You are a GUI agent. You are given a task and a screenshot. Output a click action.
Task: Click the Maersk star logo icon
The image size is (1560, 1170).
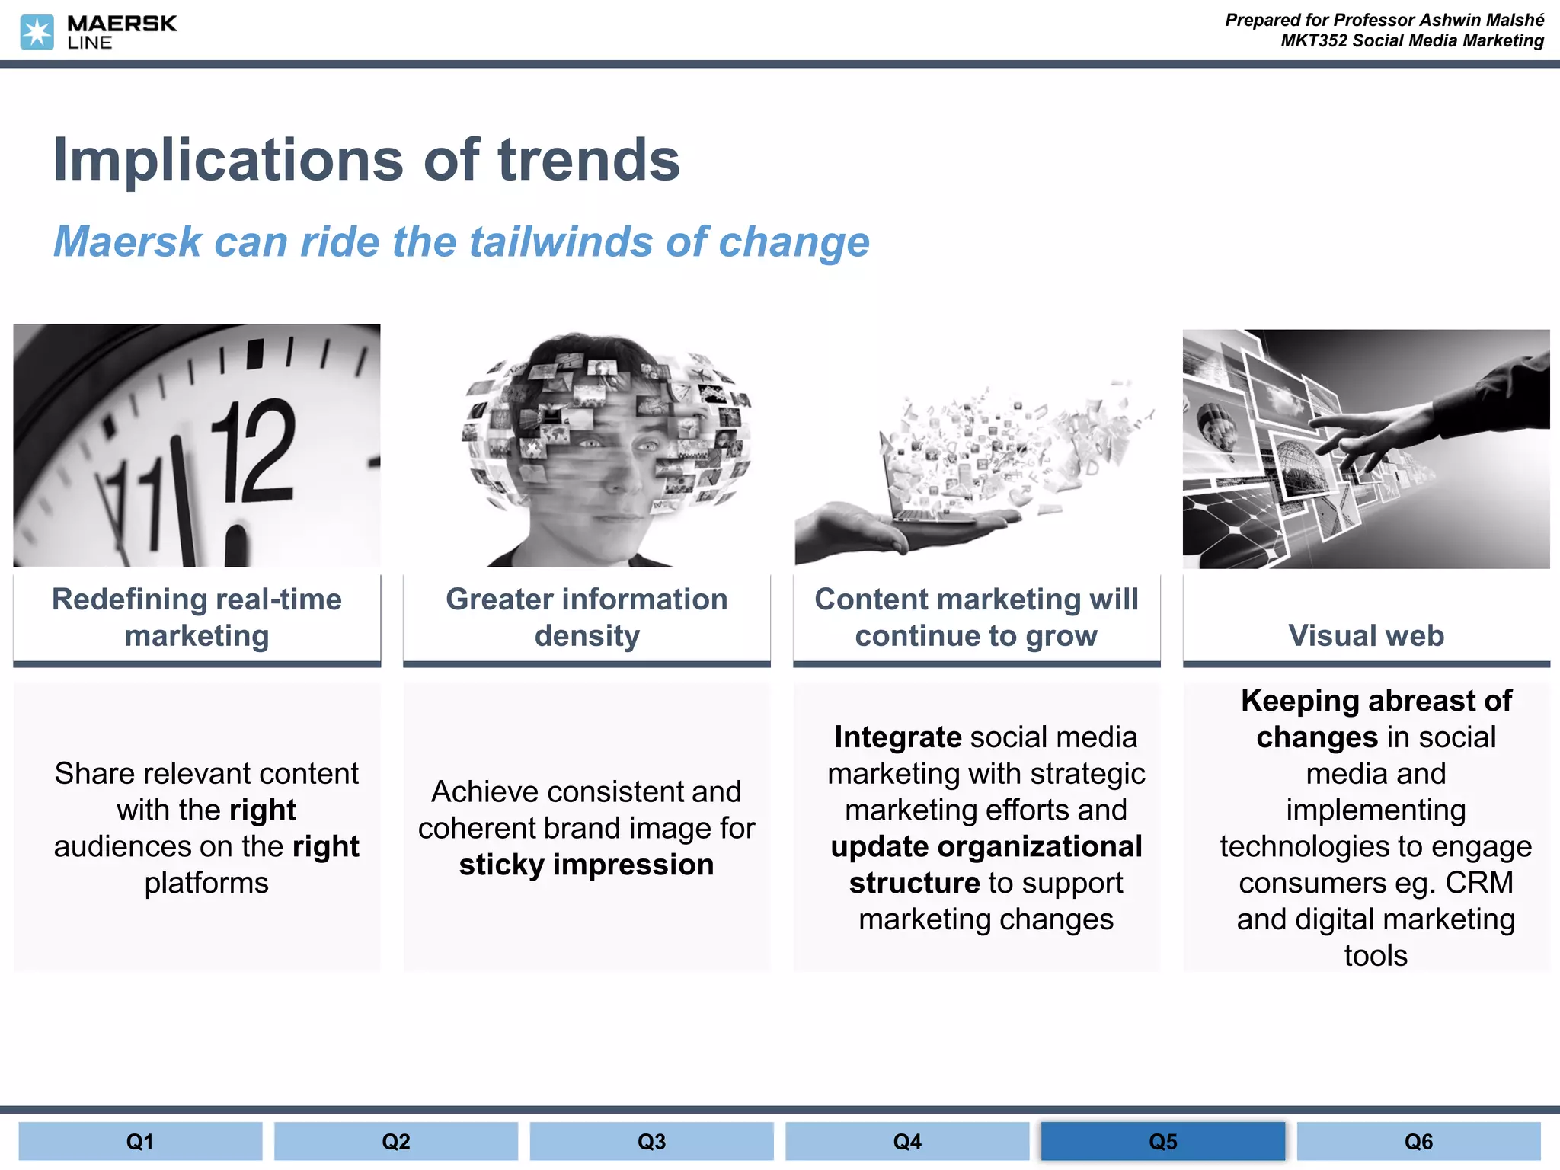point(37,33)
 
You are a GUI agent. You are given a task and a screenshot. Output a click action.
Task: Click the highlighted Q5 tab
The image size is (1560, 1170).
point(1162,1141)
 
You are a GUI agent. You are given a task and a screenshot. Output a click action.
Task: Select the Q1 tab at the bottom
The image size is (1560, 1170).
point(140,1141)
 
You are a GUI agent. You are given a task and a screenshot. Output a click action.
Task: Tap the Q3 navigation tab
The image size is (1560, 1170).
point(651,1141)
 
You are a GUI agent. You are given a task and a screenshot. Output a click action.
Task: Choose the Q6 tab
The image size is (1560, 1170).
point(1418,1141)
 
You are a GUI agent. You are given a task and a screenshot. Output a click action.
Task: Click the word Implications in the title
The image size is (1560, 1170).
point(228,160)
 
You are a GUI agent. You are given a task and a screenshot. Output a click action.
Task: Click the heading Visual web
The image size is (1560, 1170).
point(1366,635)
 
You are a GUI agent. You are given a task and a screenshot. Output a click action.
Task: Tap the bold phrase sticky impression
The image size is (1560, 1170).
point(587,865)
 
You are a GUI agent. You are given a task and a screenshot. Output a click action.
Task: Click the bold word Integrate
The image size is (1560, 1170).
point(897,737)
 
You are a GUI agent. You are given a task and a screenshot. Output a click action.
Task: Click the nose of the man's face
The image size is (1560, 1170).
point(621,476)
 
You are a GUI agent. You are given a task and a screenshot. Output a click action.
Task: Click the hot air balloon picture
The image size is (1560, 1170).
point(1219,434)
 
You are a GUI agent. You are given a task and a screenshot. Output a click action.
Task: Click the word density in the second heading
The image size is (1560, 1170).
point(587,635)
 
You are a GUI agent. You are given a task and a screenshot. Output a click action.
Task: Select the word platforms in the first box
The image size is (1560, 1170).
point(206,883)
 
